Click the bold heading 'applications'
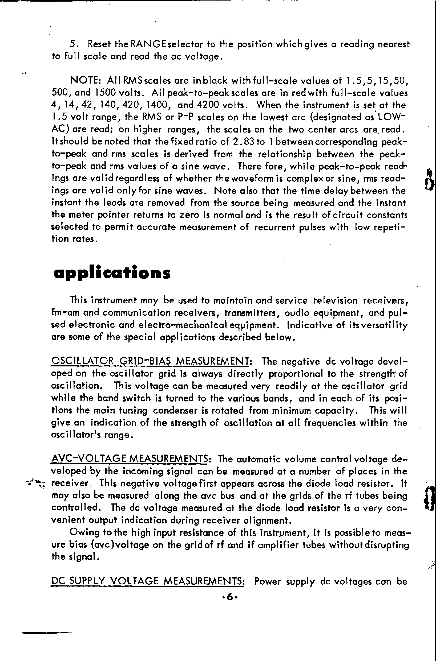click(x=112, y=273)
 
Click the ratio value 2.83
click(x=244, y=142)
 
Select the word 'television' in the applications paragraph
click(x=335, y=300)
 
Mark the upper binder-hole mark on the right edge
click(x=429, y=180)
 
